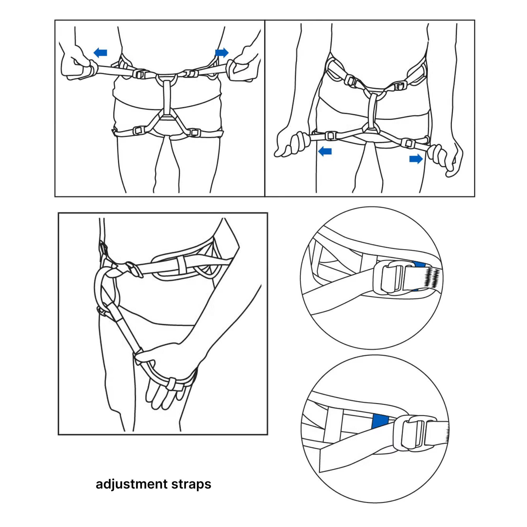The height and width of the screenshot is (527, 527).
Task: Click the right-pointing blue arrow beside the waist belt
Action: pyautogui.click(x=222, y=52)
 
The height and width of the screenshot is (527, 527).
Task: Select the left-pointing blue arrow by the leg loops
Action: pyautogui.click(x=325, y=151)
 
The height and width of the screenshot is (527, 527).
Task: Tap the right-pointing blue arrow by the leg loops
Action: pyautogui.click(x=416, y=159)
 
